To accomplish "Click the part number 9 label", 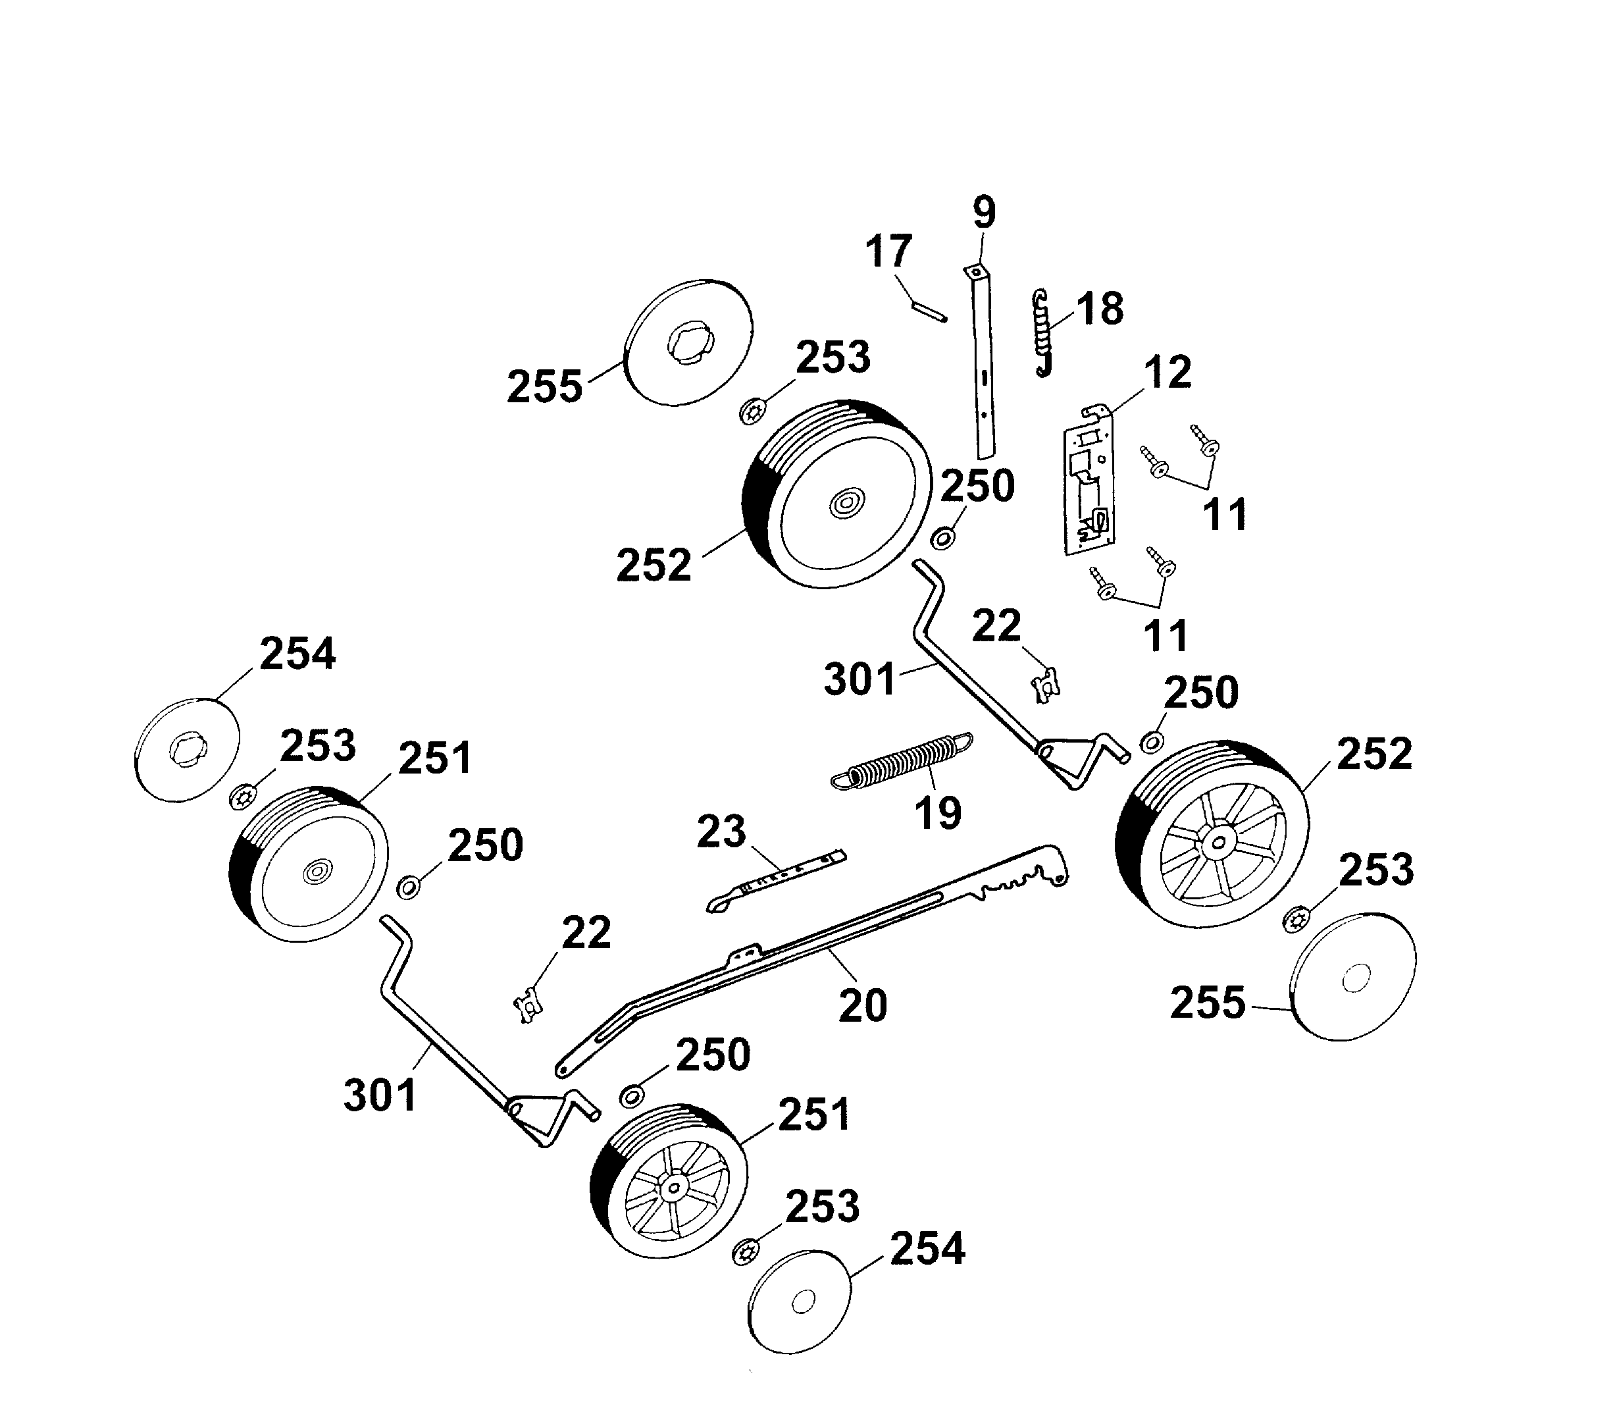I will pyautogui.click(x=984, y=212).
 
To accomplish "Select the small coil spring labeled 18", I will pyautogui.click(x=1043, y=332).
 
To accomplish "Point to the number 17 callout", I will pyautogui.click(x=888, y=252).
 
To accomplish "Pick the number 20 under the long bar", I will pyautogui.click(x=862, y=1005).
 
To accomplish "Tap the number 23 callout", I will pyautogui.click(x=721, y=831).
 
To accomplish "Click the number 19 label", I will pyautogui.click(x=938, y=813).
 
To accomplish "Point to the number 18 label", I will pyautogui.click(x=1099, y=309).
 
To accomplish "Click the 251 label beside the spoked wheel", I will pyautogui.click(x=814, y=1115).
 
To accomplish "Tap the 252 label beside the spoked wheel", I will pyautogui.click(x=1374, y=753).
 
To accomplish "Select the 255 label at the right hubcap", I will pyautogui.click(x=1207, y=1003).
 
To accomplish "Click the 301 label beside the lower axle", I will pyautogui.click(x=379, y=1095).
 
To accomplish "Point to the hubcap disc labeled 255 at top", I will pyautogui.click(x=688, y=342).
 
